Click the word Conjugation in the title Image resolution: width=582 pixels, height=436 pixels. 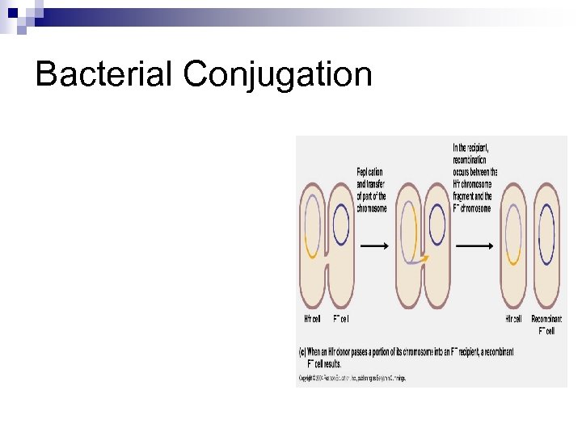277,75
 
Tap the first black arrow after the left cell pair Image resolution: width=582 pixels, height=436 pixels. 373,245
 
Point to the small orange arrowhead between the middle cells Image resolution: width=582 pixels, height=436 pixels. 424,258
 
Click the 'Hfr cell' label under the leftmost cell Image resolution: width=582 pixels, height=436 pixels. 312,319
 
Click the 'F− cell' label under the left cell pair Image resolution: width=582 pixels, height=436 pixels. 340,319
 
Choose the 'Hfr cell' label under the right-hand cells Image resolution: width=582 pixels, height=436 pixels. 512,319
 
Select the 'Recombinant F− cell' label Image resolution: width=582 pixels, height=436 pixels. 546,325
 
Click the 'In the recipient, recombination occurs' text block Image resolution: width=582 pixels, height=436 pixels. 475,177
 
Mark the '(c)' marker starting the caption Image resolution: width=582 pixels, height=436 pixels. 302,352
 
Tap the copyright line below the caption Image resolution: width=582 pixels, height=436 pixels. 352,378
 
